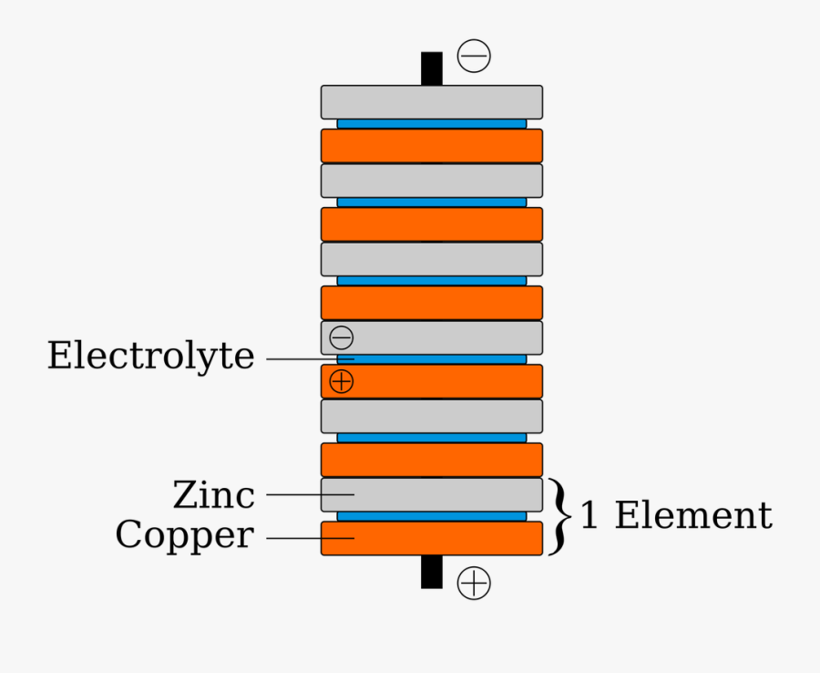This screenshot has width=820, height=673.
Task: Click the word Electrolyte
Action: [150, 356]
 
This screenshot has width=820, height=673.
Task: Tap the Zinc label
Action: [213, 495]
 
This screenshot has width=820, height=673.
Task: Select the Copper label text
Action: [183, 535]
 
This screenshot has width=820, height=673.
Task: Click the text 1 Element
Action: [676, 516]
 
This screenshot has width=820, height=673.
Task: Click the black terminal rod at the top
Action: [432, 68]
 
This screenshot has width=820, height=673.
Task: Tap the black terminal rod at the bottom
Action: [432, 572]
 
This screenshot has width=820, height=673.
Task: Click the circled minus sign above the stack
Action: [474, 57]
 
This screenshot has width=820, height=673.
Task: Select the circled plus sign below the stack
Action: [474, 583]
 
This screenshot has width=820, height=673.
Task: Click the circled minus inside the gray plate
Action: [342, 337]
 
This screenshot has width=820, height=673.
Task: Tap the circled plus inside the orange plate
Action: [342, 381]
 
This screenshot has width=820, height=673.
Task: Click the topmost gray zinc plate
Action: [432, 102]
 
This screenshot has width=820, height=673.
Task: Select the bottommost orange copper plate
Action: [432, 539]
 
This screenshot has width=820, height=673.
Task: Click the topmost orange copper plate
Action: [432, 146]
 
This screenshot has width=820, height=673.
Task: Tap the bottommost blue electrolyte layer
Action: [432, 516]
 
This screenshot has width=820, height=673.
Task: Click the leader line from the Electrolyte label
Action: [310, 359]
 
